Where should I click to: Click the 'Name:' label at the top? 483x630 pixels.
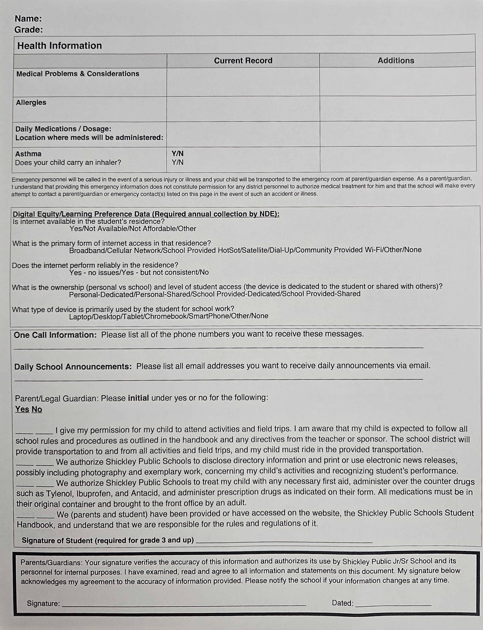tap(28, 19)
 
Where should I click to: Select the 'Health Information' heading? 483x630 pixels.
tap(60, 45)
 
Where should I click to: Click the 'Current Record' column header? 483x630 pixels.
tap(243, 60)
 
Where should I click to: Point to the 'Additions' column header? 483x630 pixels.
tap(396, 60)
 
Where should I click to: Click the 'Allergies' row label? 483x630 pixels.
tap(31, 102)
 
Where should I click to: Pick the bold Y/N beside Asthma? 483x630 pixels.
tap(177, 154)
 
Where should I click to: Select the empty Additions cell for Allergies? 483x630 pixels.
tap(397, 108)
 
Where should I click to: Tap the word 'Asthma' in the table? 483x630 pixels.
tap(28, 154)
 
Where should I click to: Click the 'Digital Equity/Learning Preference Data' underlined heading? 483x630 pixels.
tap(146, 214)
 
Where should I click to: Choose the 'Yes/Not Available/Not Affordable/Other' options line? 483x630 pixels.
tap(132, 229)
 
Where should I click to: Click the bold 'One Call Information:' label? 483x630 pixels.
tap(55, 335)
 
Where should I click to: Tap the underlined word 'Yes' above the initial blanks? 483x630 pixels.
tap(22, 409)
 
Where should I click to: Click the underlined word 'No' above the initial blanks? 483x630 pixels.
tap(37, 409)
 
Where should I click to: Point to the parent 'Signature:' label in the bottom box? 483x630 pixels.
tap(43, 603)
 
